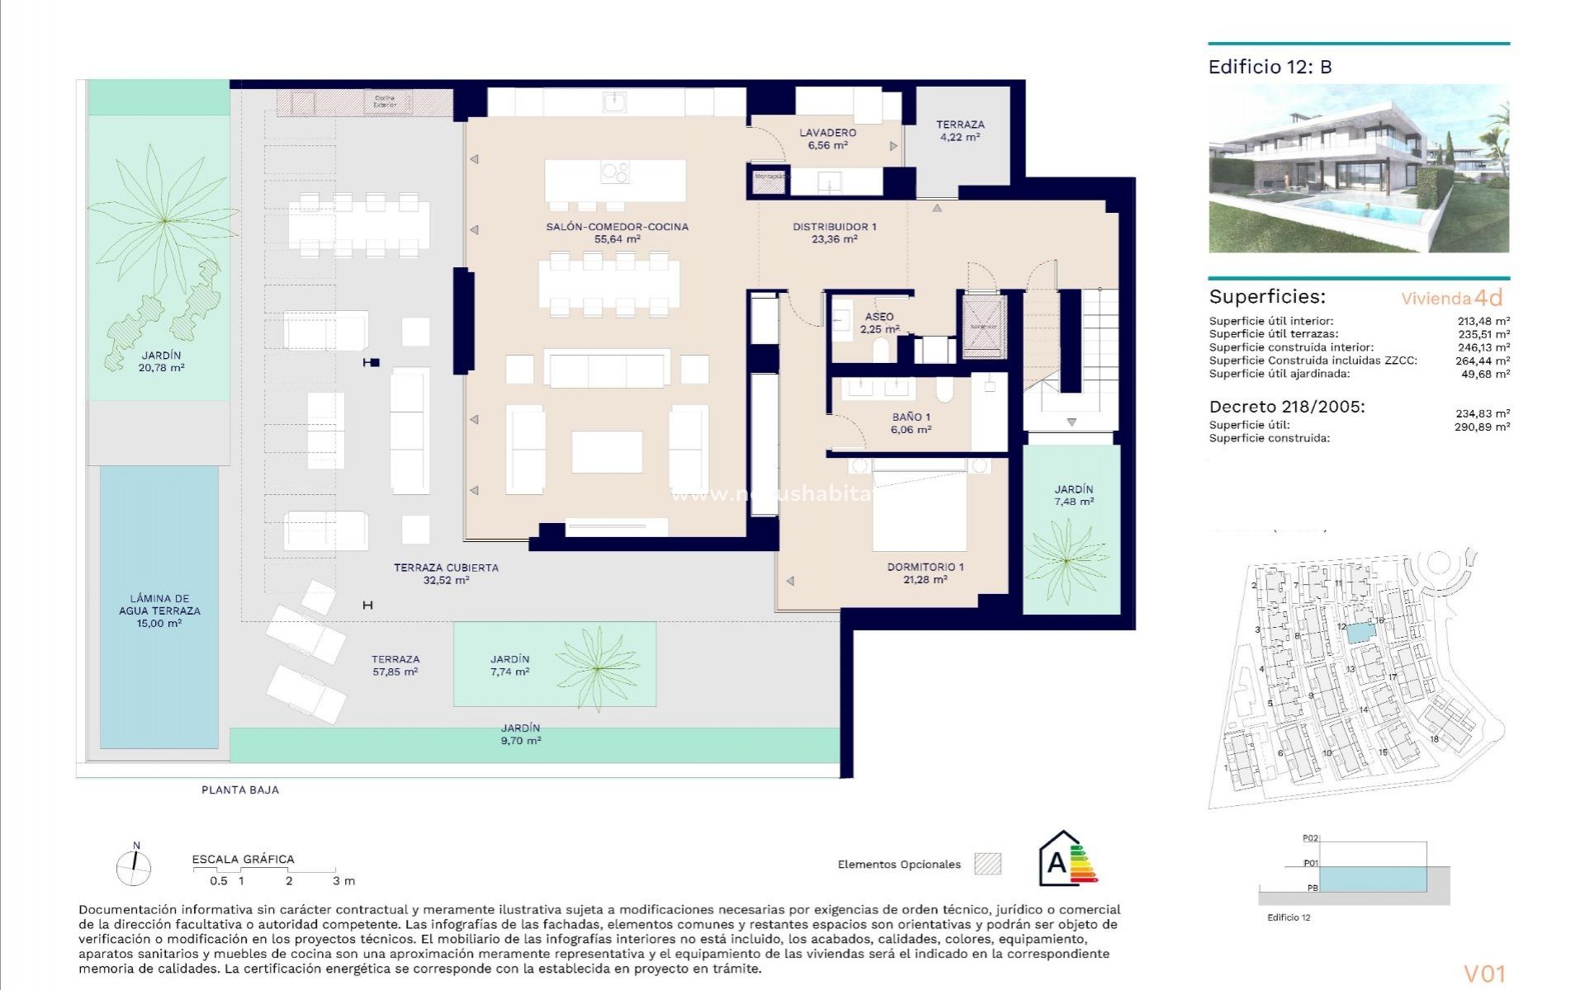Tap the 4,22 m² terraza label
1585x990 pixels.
pyautogui.click(x=959, y=130)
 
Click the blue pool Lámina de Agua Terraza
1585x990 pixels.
pyautogui.click(x=159, y=606)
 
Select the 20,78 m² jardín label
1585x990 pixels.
pyautogui.click(x=161, y=361)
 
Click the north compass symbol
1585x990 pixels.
pyautogui.click(x=134, y=865)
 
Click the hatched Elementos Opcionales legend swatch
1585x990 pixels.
pyautogui.click(x=987, y=864)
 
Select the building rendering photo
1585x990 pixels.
pyautogui.click(x=1358, y=168)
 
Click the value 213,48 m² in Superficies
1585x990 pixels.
pyautogui.click(x=1483, y=321)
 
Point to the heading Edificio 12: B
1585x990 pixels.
pyautogui.click(x=1270, y=67)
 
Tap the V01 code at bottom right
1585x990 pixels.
pyautogui.click(x=1484, y=973)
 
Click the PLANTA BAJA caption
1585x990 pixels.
pyautogui.click(x=240, y=790)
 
